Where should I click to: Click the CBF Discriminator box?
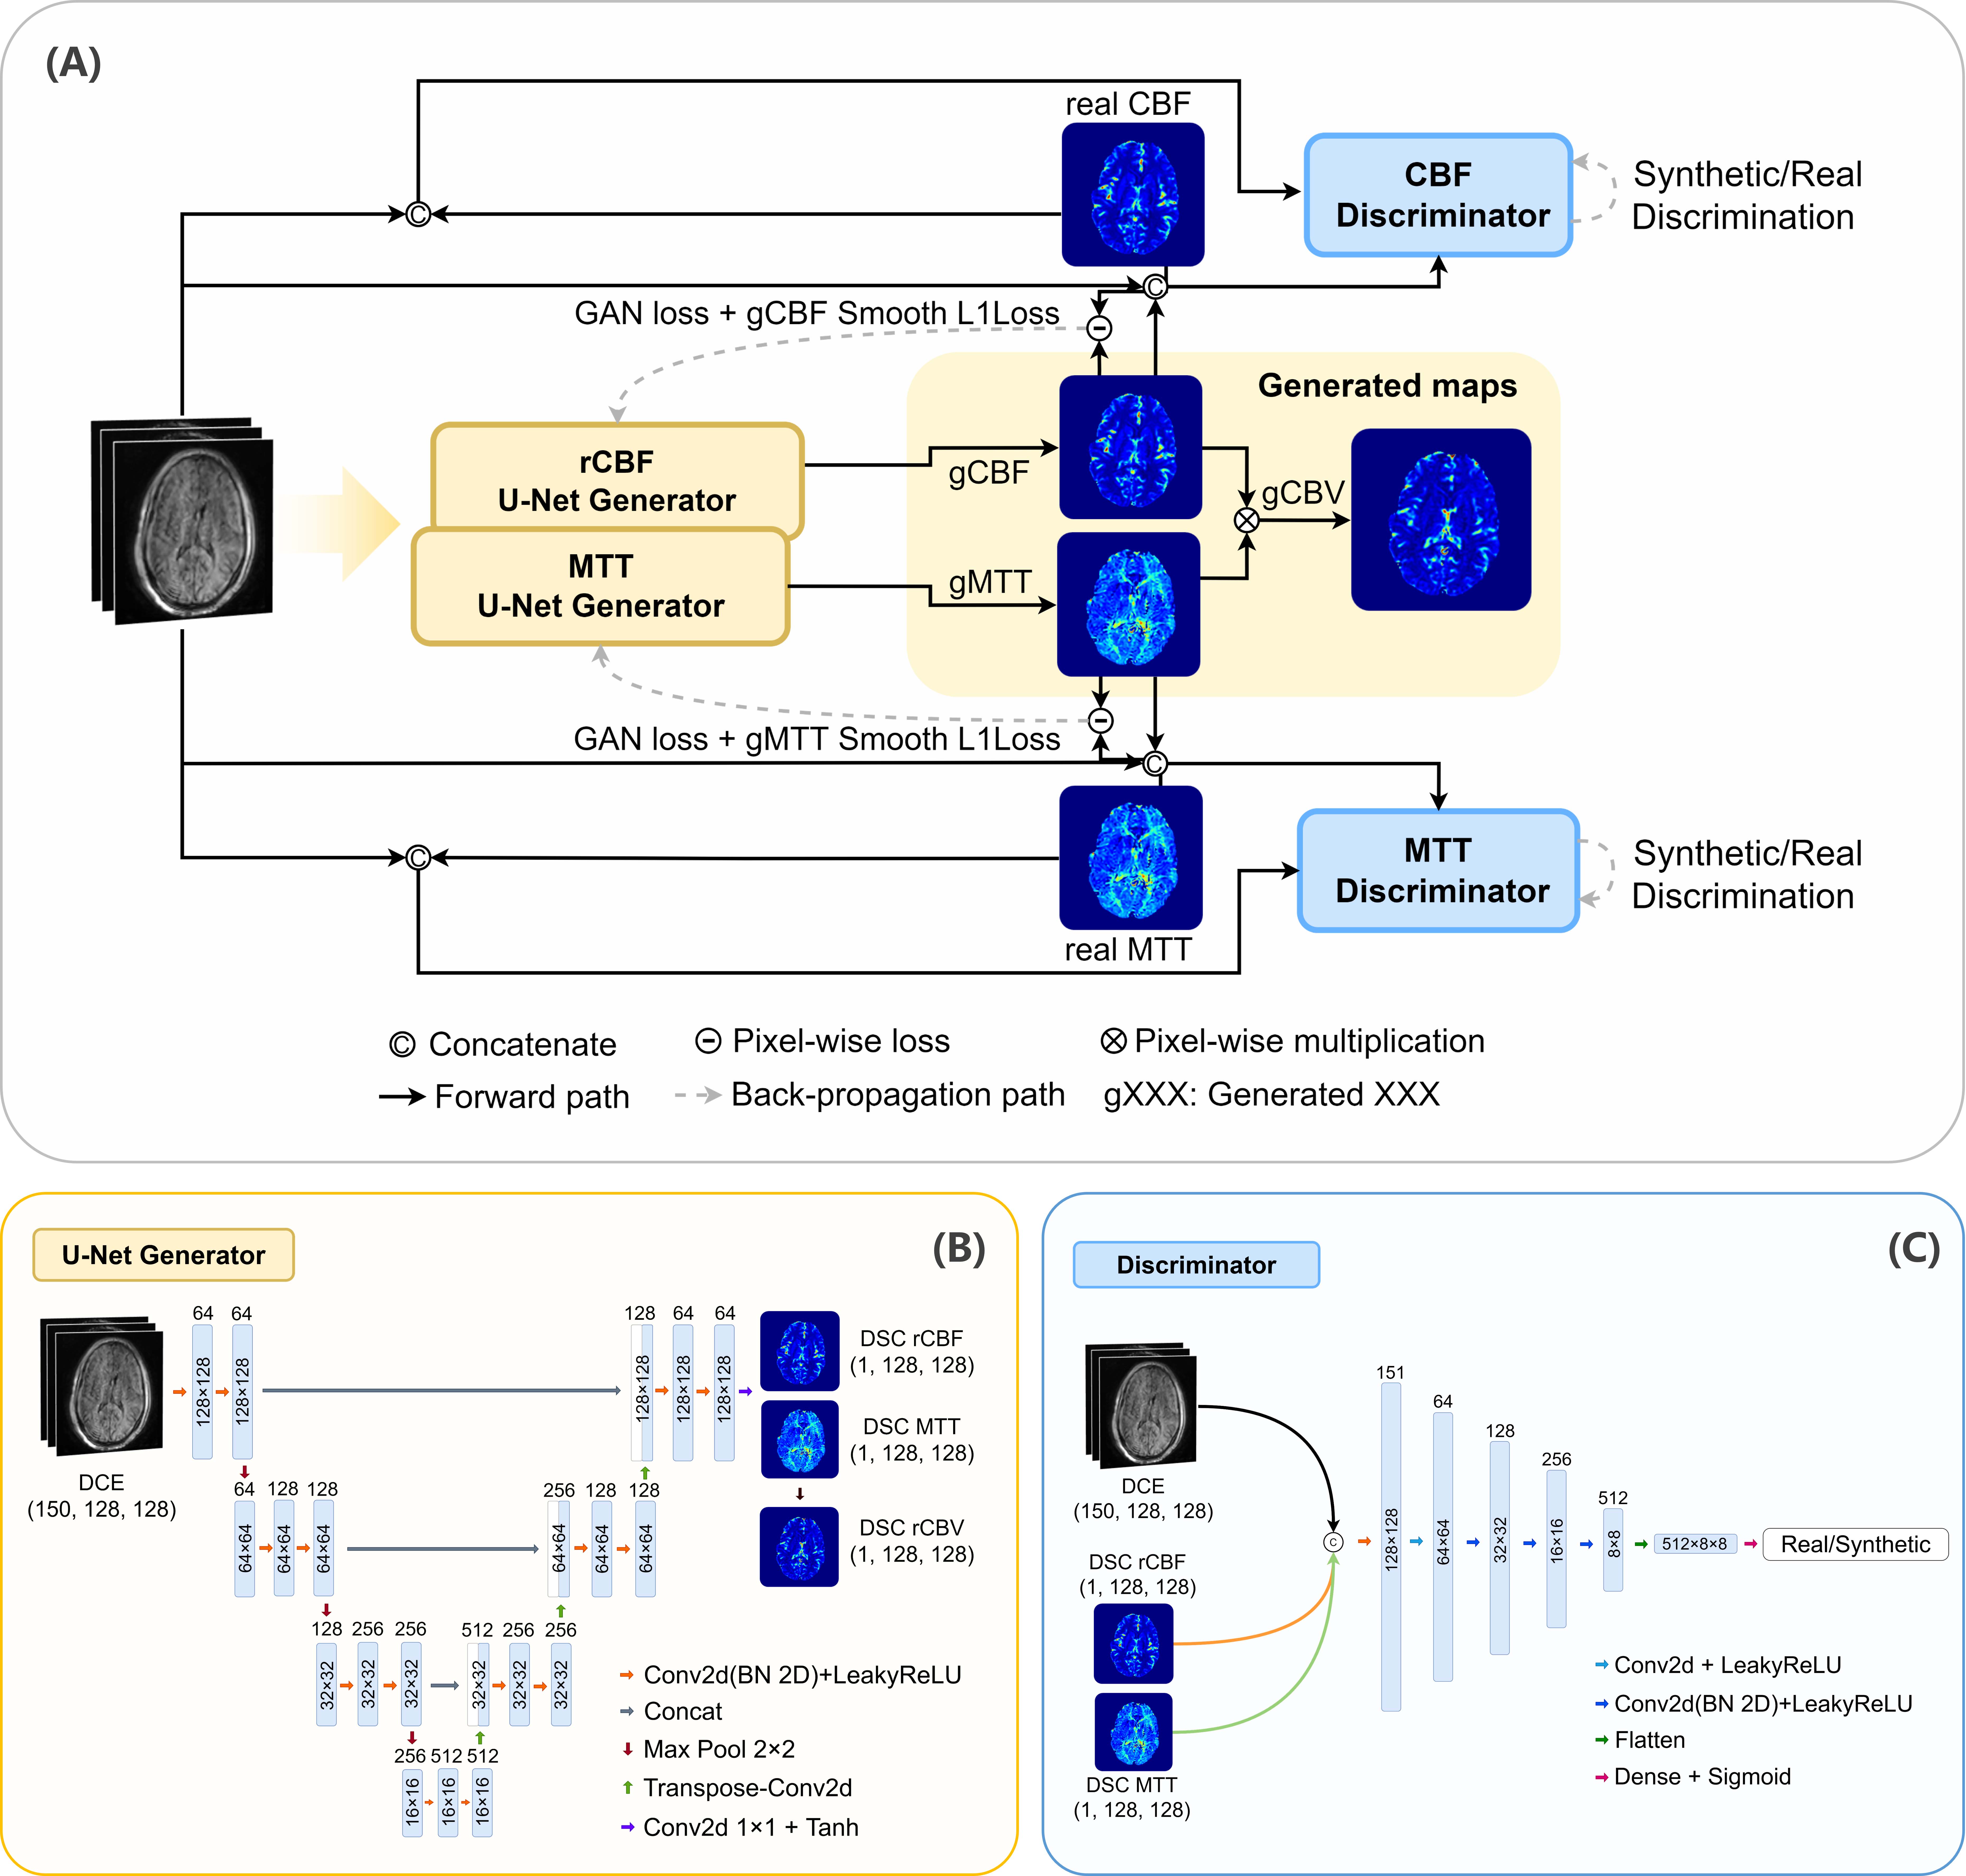[1438, 195]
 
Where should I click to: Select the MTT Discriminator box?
[1438, 870]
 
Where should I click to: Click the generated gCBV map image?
[1441, 520]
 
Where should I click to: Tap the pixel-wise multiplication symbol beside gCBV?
[1246, 520]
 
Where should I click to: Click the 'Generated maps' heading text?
[1387, 386]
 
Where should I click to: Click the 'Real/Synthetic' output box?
[1855, 1544]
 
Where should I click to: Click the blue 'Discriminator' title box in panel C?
[1196, 1265]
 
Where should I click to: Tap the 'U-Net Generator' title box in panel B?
[163, 1255]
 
